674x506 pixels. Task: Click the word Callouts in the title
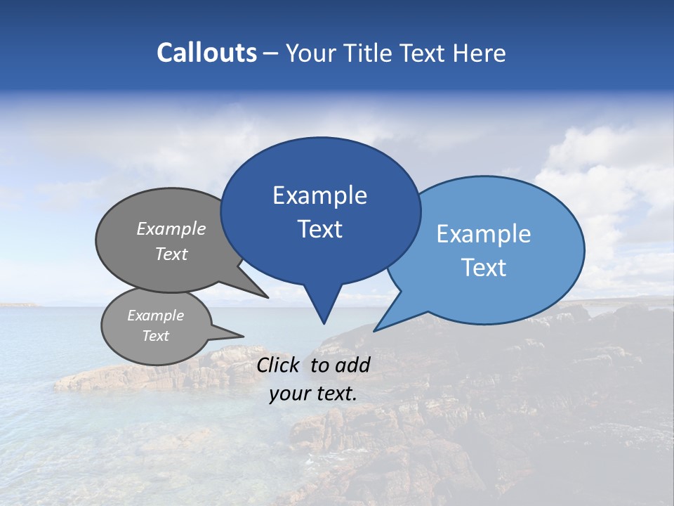point(207,53)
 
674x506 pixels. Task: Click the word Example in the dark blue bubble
point(319,195)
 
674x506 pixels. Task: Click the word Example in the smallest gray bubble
point(155,316)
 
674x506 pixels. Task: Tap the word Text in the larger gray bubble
point(171,254)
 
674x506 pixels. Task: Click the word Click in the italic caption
point(277,365)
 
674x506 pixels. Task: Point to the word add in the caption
point(352,365)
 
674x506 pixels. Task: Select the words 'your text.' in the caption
point(313,394)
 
